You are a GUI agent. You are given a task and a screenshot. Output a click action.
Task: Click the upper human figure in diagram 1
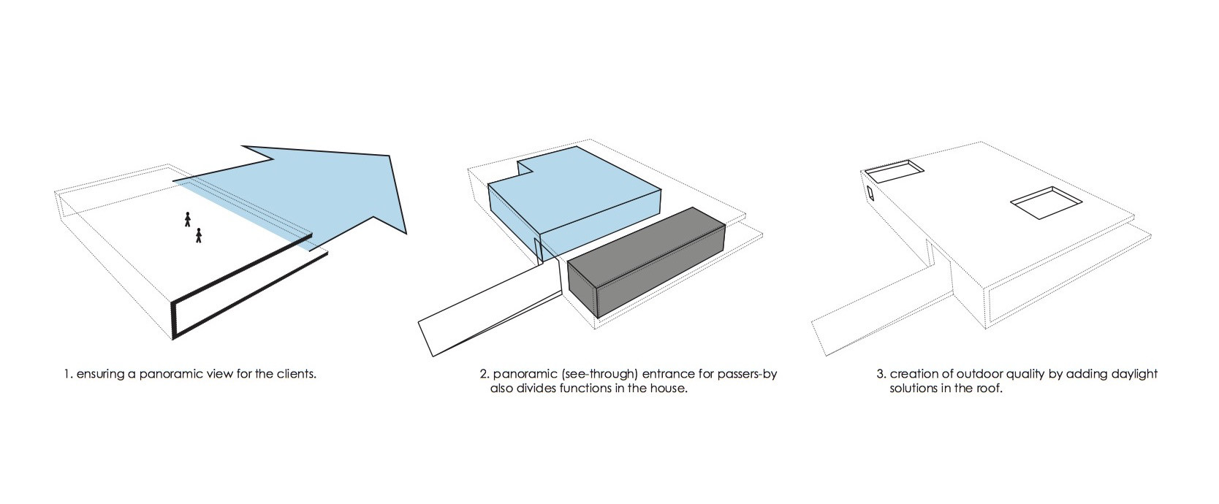(x=188, y=219)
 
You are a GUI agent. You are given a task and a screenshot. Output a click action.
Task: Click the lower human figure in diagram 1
(x=199, y=235)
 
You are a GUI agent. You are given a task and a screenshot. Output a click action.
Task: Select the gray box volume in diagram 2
(x=647, y=261)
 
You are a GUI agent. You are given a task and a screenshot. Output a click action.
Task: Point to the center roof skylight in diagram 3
(x=1046, y=202)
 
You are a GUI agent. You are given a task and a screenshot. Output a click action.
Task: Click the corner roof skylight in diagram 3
(x=894, y=171)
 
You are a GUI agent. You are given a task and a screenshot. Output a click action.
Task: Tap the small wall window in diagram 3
(x=870, y=194)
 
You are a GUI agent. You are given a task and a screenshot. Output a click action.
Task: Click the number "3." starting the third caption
(x=881, y=375)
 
